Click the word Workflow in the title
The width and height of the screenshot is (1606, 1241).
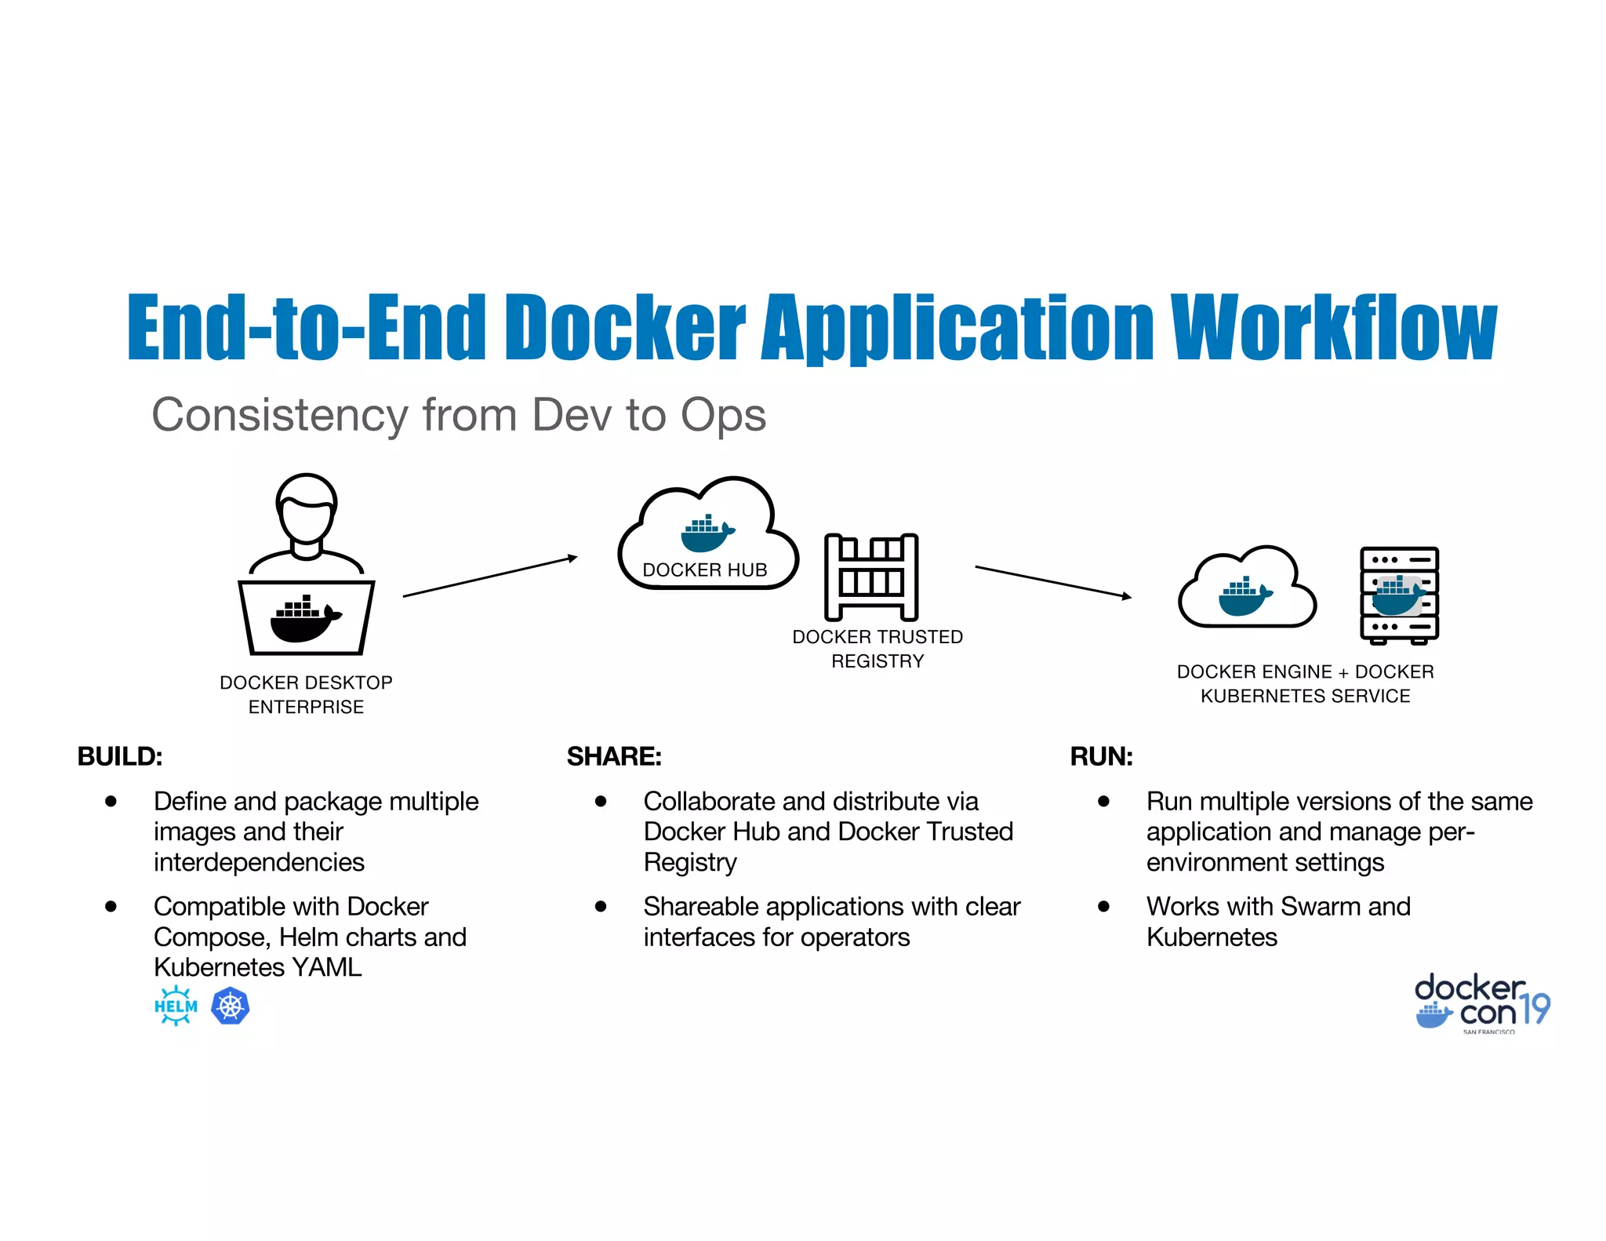click(x=1333, y=327)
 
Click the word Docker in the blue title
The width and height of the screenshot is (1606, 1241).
click(x=624, y=327)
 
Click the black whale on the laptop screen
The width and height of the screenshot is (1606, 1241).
click(x=304, y=620)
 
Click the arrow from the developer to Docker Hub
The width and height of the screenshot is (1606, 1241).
click(x=490, y=577)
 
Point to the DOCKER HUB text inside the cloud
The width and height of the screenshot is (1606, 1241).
click(x=704, y=570)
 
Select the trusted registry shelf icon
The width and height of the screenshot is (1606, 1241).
click(x=870, y=577)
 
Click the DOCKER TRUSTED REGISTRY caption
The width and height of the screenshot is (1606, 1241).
click(x=877, y=649)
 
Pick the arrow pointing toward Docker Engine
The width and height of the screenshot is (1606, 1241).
click(x=1052, y=581)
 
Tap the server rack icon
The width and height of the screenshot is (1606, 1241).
click(x=1399, y=595)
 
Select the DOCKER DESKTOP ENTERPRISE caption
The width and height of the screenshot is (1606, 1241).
click(x=306, y=694)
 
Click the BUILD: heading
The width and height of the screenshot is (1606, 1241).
click(x=120, y=756)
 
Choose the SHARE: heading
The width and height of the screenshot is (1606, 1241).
click(x=614, y=756)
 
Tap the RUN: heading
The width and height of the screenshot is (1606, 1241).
click(x=1101, y=756)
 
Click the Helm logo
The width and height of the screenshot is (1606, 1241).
click(x=176, y=1006)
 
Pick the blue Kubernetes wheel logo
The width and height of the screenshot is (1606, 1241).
click(x=231, y=1006)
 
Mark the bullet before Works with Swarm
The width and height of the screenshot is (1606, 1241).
click(x=1103, y=907)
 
